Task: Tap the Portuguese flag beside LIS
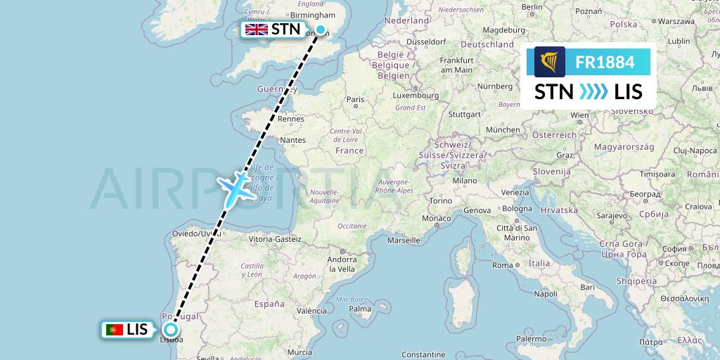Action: tap(113, 330)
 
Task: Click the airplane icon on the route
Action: tap(236, 187)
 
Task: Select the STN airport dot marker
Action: tap(321, 30)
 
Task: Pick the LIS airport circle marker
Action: tap(170, 330)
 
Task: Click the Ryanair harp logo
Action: tap(549, 62)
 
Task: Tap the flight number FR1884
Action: tap(605, 63)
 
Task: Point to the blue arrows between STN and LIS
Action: tap(593, 91)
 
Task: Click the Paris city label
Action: tap(356, 100)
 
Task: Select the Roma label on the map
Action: tap(502, 265)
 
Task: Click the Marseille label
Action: tap(403, 240)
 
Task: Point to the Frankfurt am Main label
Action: tap(456, 65)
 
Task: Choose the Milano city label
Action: tap(465, 180)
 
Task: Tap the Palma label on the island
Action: tap(359, 309)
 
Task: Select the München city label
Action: tap(503, 129)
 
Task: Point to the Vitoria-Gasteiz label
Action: tap(274, 239)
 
